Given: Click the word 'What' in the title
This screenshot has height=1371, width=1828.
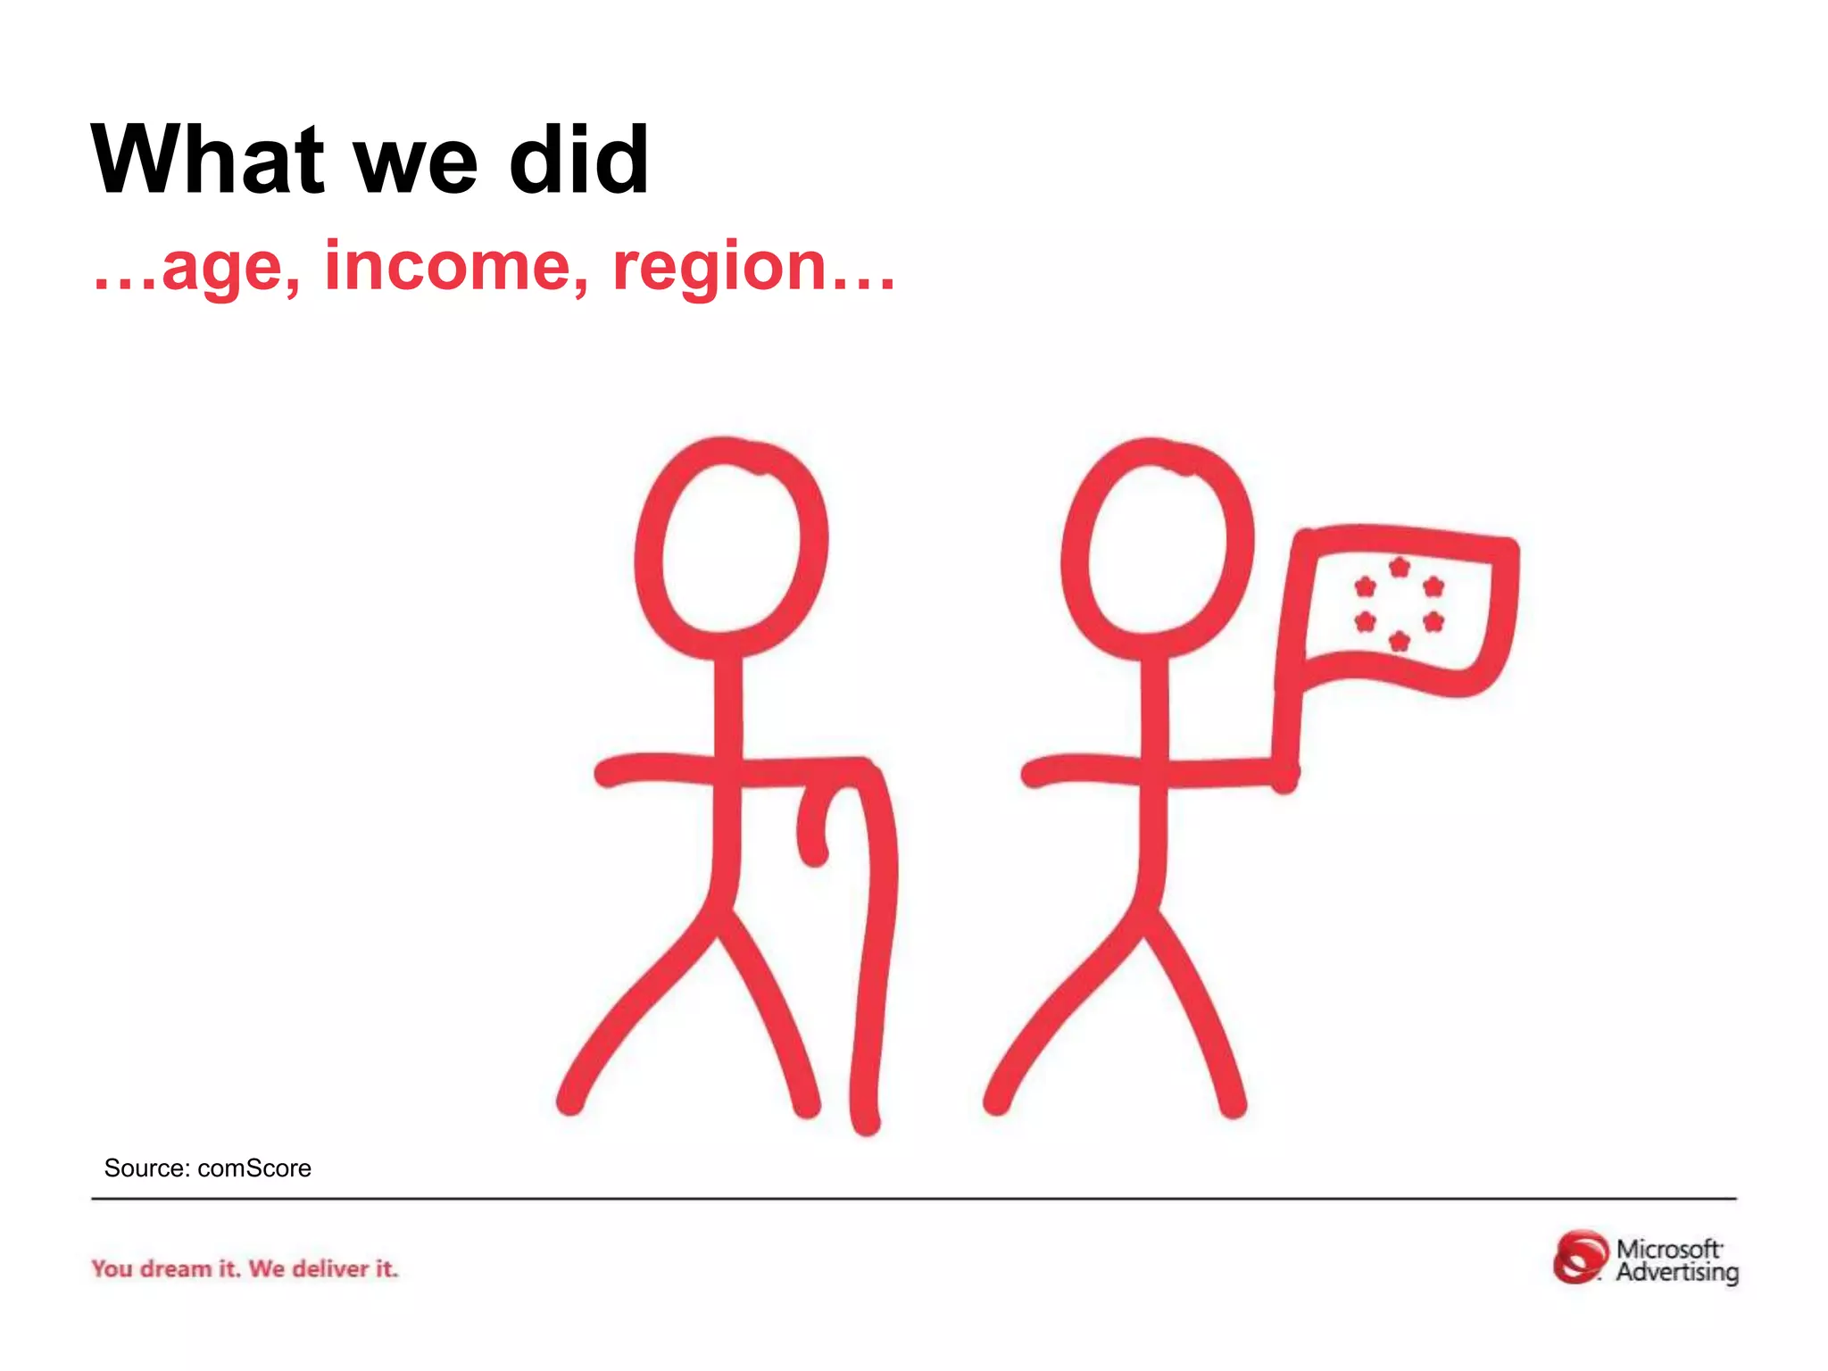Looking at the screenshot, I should tap(207, 160).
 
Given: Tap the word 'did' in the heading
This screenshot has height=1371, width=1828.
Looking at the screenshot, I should tap(578, 160).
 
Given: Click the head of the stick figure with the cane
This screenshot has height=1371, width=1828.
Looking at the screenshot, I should tap(731, 545).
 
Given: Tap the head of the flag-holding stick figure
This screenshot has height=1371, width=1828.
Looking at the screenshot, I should tap(1158, 545).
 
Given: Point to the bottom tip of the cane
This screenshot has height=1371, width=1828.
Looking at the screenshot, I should tap(866, 1121).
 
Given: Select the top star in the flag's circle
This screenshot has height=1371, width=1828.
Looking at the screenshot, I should tap(1400, 567).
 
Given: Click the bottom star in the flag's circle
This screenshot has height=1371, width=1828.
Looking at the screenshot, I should tap(1400, 641).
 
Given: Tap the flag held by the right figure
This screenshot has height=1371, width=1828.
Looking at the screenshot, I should tap(1401, 607).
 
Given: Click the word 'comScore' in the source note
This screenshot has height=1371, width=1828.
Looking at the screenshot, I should tap(254, 1168).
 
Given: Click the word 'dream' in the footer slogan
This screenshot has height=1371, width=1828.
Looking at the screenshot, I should tap(176, 1268).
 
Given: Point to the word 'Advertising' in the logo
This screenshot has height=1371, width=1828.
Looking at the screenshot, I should tap(1677, 1272).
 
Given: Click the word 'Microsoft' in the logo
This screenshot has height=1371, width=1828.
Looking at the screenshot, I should tap(1668, 1248).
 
